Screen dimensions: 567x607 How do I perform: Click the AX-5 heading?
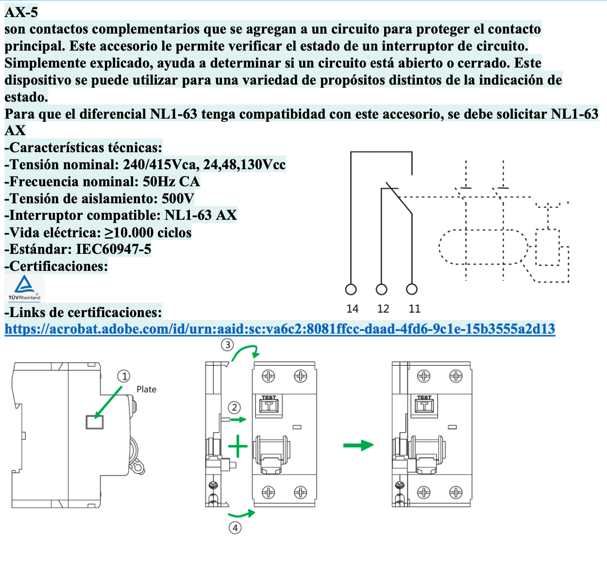pyautogui.click(x=21, y=12)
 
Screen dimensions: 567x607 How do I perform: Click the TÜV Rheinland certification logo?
pyautogui.click(x=24, y=288)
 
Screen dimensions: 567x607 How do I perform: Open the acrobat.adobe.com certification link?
pyautogui.click(x=280, y=329)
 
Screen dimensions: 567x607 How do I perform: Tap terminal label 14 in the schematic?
pyautogui.click(x=353, y=309)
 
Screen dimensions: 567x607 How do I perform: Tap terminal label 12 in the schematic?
pyautogui.click(x=383, y=309)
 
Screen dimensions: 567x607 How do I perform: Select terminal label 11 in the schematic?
pyautogui.click(x=414, y=309)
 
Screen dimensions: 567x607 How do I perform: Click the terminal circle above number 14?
pyautogui.click(x=351, y=290)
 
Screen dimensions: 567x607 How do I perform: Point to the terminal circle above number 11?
pyautogui.click(x=412, y=290)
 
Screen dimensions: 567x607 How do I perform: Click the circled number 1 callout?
pyautogui.click(x=124, y=376)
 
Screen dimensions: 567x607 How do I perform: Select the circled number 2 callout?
pyautogui.click(x=235, y=408)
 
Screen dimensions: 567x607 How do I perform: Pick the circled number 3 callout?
pyautogui.click(x=227, y=345)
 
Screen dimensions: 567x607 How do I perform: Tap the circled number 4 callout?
pyautogui.click(x=235, y=528)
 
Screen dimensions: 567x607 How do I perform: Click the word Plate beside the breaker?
pyautogui.click(x=146, y=390)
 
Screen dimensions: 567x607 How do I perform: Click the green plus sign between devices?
pyautogui.click(x=238, y=446)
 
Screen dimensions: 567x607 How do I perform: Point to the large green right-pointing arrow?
pyautogui.click(x=358, y=445)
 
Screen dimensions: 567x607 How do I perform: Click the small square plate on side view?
pyautogui.click(x=94, y=422)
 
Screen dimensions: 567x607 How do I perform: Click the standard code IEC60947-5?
pyautogui.click(x=114, y=249)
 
